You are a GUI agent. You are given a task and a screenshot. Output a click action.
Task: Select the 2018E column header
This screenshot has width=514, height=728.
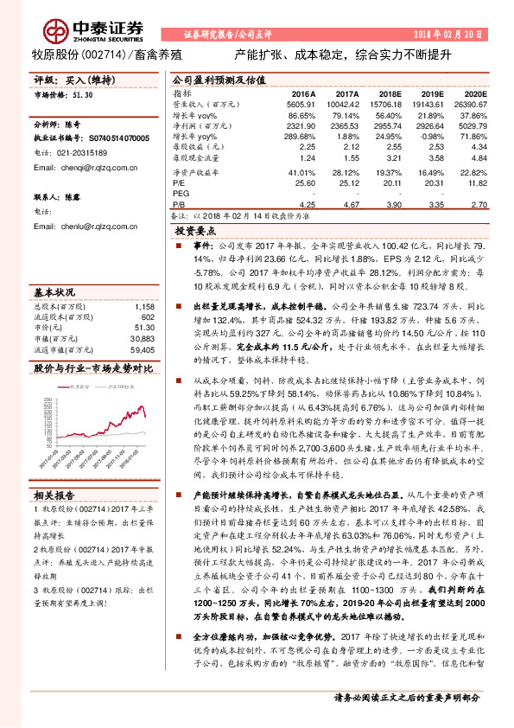[392, 93]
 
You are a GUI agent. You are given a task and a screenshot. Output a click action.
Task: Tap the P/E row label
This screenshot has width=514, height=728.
[179, 183]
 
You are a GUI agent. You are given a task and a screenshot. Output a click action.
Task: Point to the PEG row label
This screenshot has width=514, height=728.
[181, 195]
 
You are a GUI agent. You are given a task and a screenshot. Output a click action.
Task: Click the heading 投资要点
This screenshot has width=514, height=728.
[194, 233]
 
